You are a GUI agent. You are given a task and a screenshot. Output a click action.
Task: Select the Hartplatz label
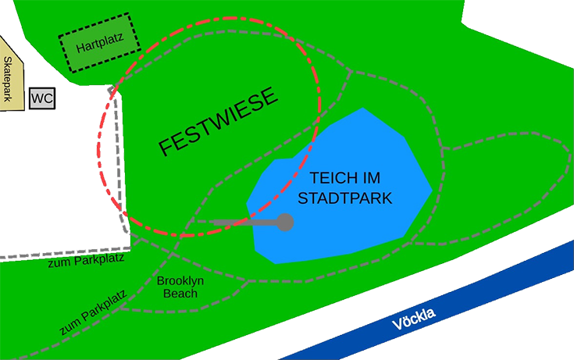pos(100,45)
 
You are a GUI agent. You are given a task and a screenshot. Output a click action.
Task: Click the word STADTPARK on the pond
pos(345,198)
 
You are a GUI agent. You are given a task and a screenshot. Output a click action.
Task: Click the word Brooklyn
pos(180,281)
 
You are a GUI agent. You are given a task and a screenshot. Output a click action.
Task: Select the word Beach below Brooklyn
pos(180,294)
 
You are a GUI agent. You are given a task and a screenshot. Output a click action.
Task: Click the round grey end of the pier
pos(286,223)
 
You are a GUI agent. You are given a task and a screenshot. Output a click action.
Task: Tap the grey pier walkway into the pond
pos(242,224)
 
